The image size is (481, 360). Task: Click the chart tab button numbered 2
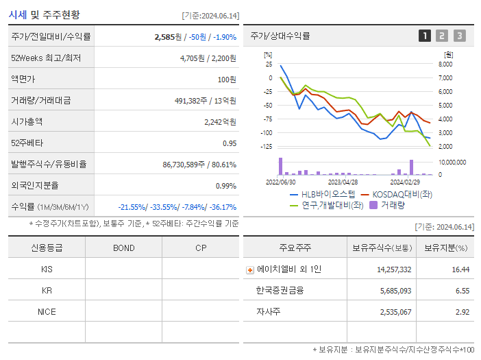(x=442, y=36)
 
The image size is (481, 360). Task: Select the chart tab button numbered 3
(x=459, y=36)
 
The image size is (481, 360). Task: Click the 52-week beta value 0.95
(x=229, y=143)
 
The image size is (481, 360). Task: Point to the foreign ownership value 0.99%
(x=225, y=186)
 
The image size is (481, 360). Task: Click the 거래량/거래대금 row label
(x=40, y=100)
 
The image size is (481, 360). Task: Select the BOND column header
(x=123, y=248)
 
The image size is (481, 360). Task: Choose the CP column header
(x=201, y=248)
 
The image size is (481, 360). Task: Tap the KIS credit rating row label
(x=47, y=269)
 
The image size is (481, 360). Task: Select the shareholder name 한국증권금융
(x=280, y=291)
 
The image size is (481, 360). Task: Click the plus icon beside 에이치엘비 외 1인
(x=250, y=270)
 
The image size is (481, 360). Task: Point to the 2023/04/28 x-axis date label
(x=343, y=182)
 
